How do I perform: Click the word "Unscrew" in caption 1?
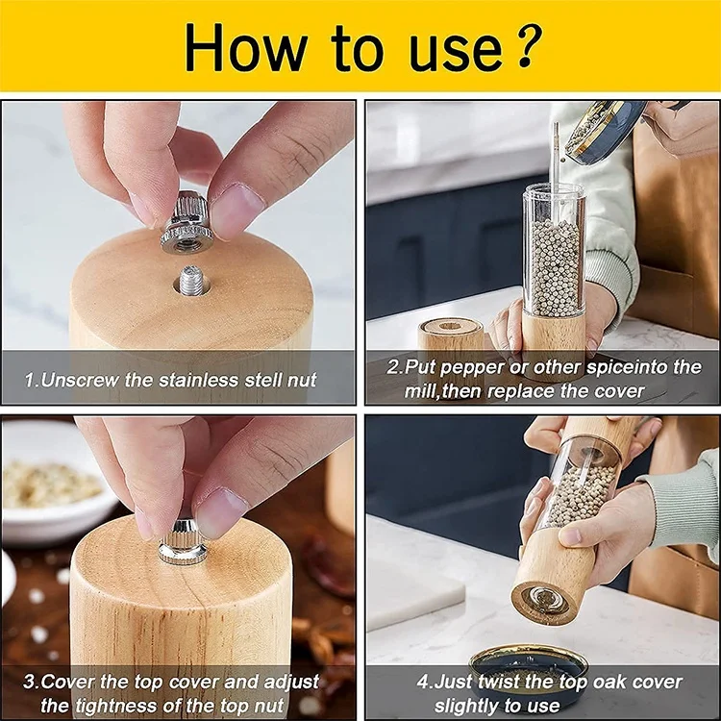point(80,381)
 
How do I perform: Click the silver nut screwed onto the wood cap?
point(182,542)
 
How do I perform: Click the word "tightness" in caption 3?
point(144,705)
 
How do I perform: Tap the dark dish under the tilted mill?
point(529,667)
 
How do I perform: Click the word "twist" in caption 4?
point(500,682)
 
